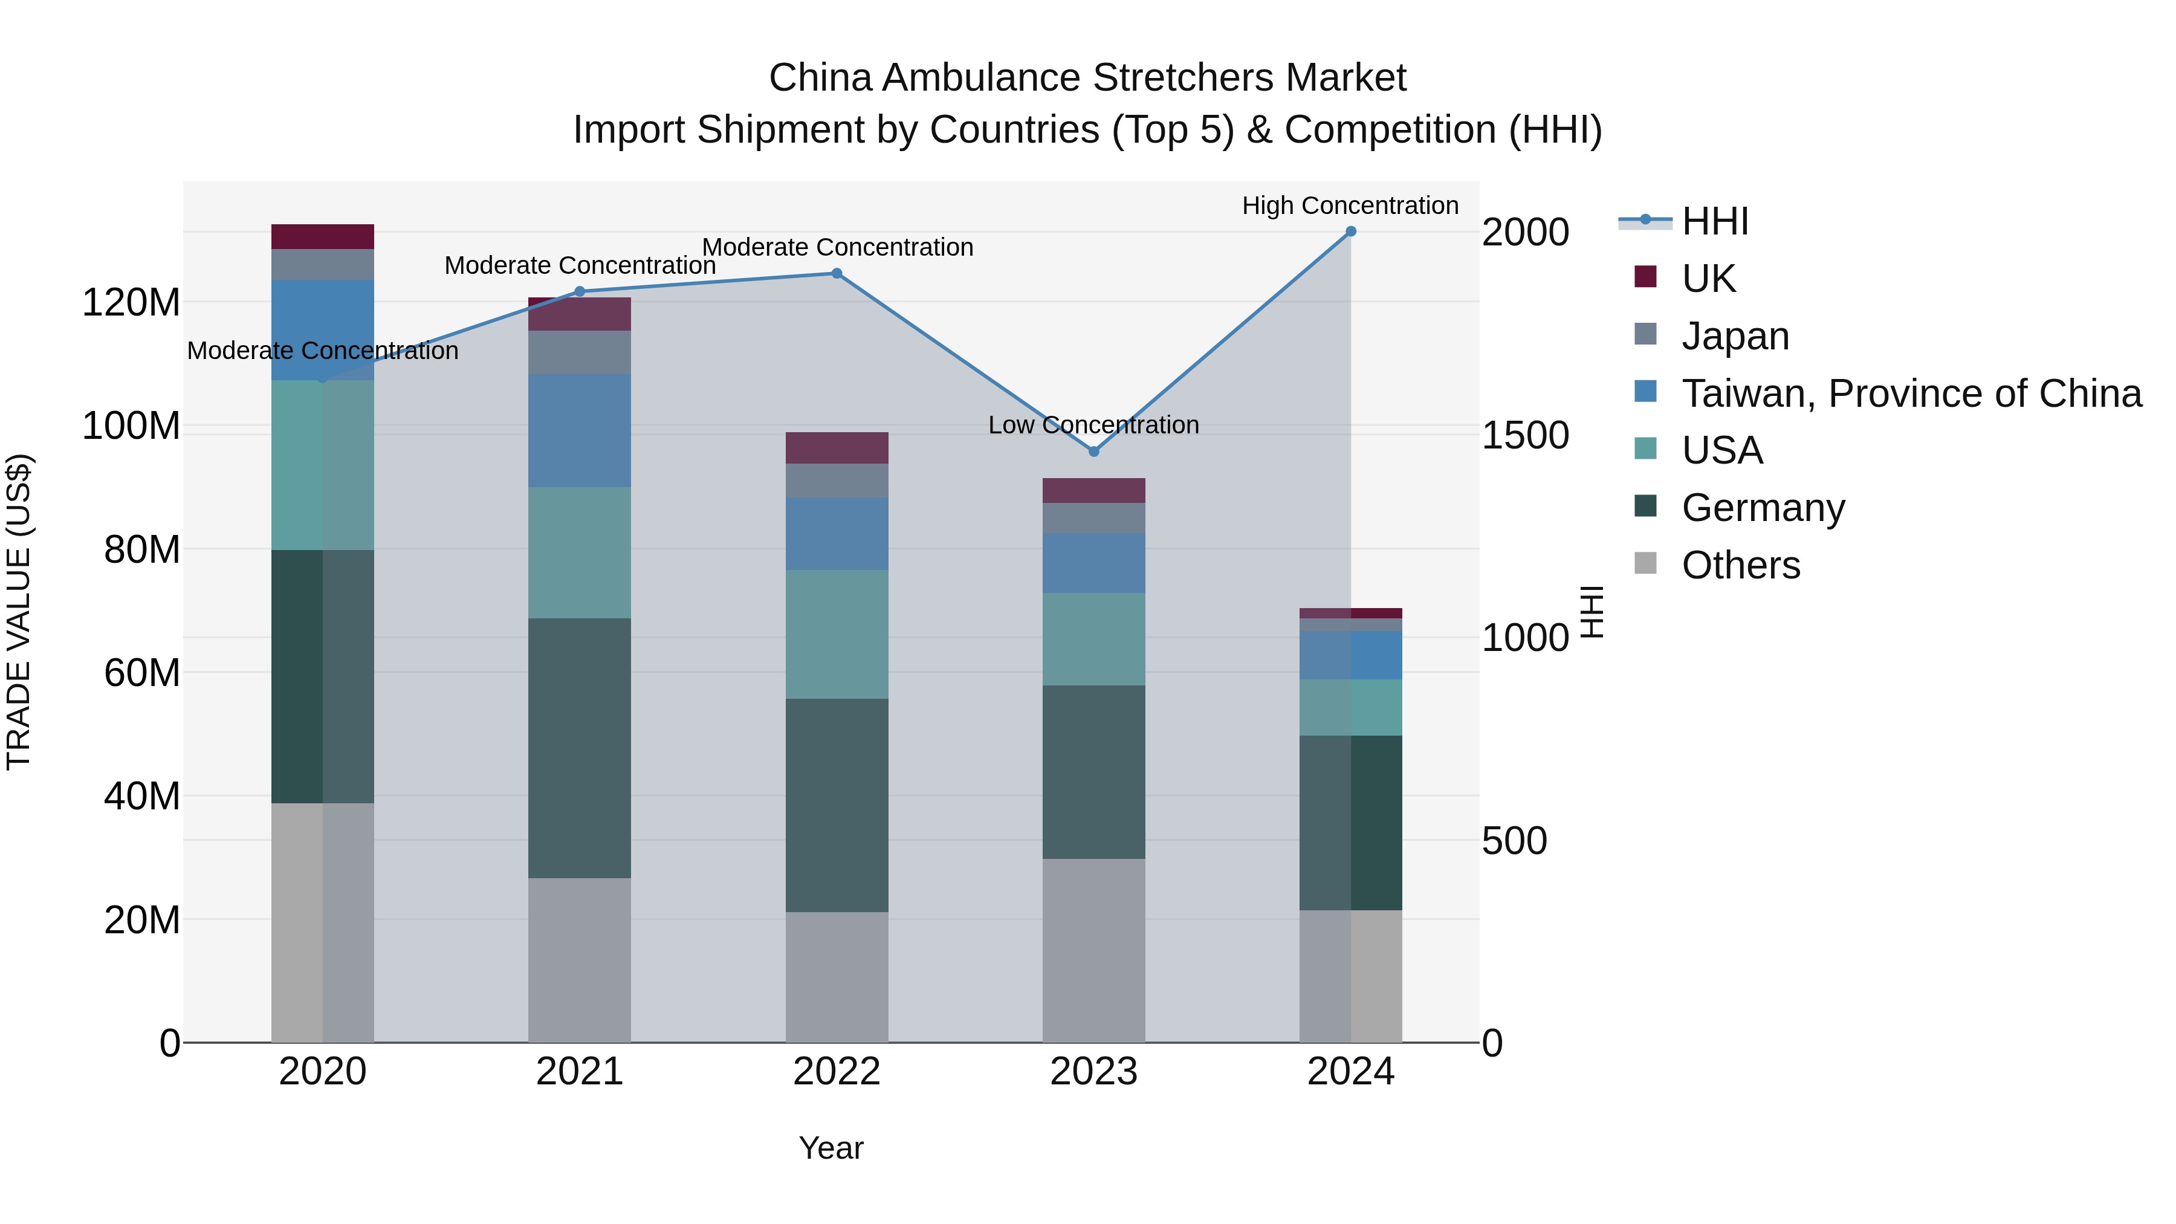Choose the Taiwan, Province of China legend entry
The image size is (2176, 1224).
[x=1911, y=393]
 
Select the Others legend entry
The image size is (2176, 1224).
[x=1740, y=565]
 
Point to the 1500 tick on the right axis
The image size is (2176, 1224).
[x=1525, y=436]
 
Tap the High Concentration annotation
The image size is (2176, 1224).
[x=1349, y=206]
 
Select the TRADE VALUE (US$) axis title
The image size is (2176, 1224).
[x=19, y=612]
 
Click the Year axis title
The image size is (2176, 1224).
[x=831, y=1148]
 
